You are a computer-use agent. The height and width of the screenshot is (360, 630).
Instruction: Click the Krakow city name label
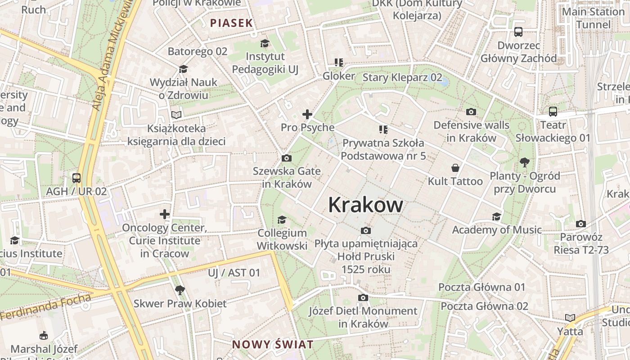(365, 205)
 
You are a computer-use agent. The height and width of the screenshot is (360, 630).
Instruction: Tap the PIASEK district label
(231, 23)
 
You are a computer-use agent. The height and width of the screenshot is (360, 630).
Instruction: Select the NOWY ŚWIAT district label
(273, 345)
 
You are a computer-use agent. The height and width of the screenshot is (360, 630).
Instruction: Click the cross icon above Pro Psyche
(307, 114)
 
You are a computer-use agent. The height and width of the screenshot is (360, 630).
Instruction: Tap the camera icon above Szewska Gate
(286, 158)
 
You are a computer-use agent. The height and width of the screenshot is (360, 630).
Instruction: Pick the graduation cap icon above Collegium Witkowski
(282, 220)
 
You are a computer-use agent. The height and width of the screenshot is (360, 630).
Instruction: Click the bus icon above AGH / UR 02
(76, 178)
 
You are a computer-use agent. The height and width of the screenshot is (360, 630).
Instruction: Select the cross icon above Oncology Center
(165, 214)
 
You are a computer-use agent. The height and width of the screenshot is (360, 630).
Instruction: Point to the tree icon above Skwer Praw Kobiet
(180, 290)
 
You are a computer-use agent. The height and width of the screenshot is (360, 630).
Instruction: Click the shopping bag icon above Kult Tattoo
(455, 168)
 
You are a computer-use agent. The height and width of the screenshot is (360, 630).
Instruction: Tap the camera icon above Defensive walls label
(471, 112)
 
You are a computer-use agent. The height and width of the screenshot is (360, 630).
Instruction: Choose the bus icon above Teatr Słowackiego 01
(553, 112)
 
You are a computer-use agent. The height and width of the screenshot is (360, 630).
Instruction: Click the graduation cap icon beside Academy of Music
(496, 217)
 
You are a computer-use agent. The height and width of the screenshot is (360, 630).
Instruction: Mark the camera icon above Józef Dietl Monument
(363, 297)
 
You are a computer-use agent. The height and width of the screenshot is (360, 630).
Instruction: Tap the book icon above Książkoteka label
(176, 115)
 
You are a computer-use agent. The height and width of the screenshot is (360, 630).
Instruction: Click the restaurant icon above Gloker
(338, 63)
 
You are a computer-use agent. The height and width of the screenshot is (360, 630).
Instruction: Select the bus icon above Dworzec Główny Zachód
(518, 32)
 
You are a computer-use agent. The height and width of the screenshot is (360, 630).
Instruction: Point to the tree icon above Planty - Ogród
(524, 162)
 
